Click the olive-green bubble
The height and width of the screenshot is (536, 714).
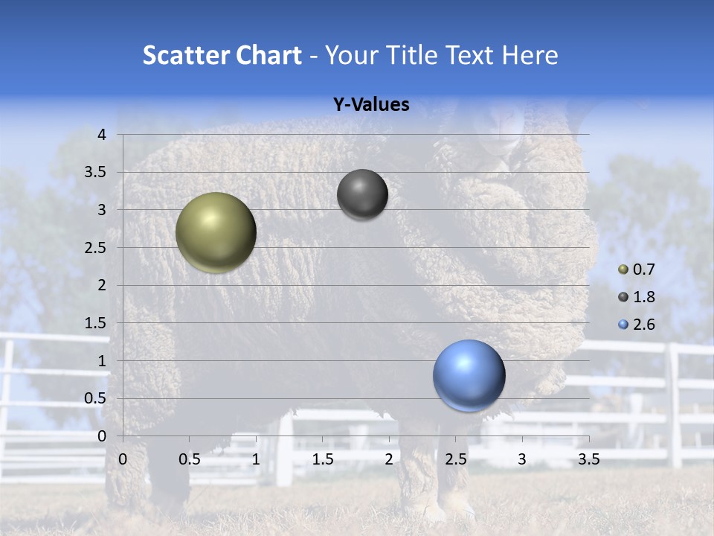tap(216, 232)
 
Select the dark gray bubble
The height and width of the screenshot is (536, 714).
tap(362, 194)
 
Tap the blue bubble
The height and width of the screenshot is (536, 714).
tap(469, 375)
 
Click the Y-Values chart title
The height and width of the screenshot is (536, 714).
tap(371, 105)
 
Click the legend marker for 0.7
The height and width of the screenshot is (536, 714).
tap(623, 269)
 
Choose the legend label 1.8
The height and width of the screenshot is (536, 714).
tap(644, 297)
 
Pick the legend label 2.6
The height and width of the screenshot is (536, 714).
tap(644, 325)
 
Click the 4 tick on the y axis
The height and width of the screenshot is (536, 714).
tap(102, 135)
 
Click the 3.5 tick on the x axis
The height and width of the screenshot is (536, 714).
tap(588, 459)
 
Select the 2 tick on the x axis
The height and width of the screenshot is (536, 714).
tap(389, 459)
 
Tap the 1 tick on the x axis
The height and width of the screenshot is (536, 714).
tap(256, 459)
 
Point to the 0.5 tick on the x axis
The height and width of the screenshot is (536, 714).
tap(189, 459)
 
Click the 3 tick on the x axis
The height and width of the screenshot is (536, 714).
tap(522, 459)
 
